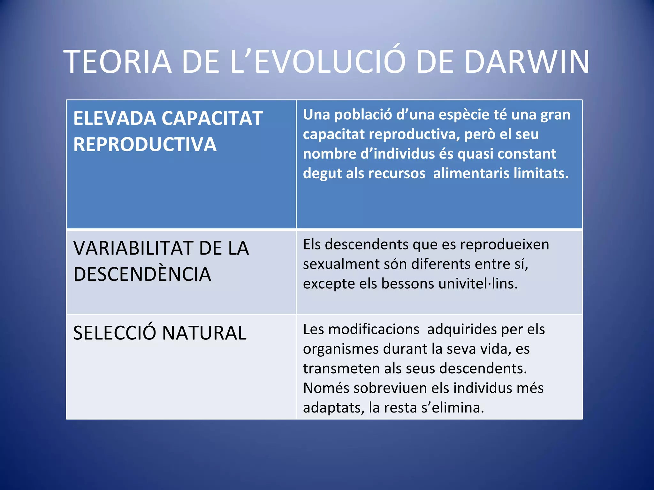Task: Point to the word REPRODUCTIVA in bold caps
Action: click(x=145, y=144)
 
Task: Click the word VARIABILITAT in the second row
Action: click(x=132, y=248)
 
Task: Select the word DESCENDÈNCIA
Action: click(x=142, y=274)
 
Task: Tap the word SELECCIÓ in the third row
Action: click(x=115, y=333)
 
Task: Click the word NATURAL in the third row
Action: click(x=204, y=333)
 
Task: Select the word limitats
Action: click(x=541, y=174)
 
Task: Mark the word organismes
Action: click(x=341, y=349)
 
